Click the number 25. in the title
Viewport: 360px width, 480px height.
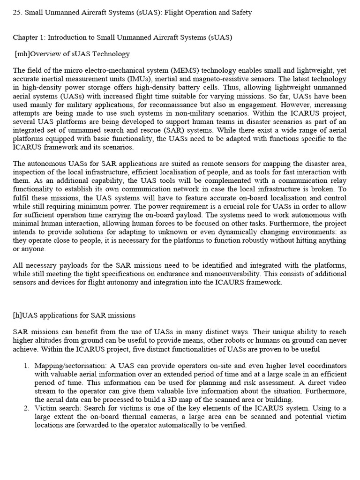click(17, 13)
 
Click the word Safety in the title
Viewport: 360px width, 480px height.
click(240, 13)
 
